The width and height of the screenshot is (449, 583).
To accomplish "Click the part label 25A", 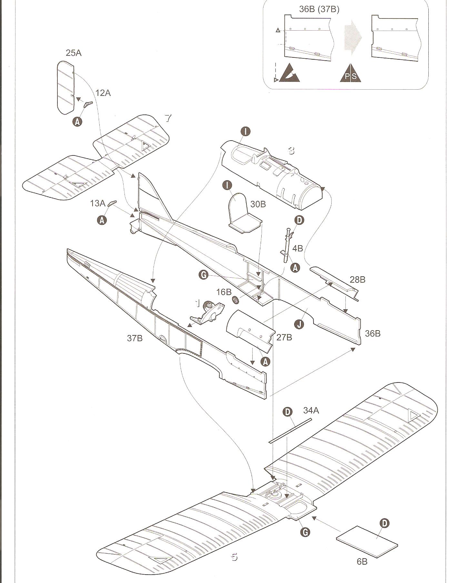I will tap(74, 53).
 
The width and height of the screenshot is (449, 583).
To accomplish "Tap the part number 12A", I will tap(103, 93).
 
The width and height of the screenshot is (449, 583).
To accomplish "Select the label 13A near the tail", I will tap(98, 203).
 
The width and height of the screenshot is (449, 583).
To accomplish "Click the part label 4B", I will tap(297, 248).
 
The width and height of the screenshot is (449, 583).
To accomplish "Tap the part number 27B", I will tap(284, 337).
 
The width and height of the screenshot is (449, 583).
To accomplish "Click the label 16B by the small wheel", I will tap(224, 292).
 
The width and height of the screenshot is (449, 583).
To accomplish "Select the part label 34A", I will tap(311, 410).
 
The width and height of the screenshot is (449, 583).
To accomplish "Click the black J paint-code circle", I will tap(299, 324).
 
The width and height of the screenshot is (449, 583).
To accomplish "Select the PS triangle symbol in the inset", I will tap(350, 73).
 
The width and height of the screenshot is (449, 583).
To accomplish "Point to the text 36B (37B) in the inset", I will tap(319, 9).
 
